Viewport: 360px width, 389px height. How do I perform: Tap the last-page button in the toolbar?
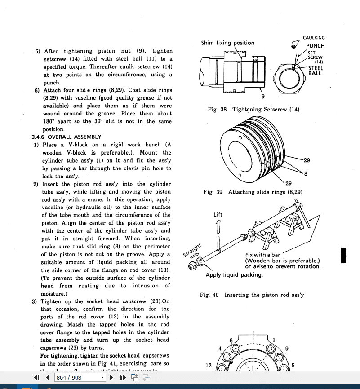pos(123,378)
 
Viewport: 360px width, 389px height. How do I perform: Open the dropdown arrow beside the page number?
pos(103,378)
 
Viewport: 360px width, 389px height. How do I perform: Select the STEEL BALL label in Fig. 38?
pos(316,71)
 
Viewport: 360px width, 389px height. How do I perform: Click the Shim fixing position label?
pos(227,43)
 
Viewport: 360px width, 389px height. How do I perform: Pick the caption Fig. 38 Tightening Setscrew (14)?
pos(253,110)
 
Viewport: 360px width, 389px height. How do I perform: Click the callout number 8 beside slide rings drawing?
pos(306,174)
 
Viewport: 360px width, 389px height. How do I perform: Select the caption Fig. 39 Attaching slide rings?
pos(253,192)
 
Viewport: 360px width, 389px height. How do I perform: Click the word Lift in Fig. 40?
pos(218,214)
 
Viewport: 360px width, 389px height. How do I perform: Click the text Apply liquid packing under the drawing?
pos(234,275)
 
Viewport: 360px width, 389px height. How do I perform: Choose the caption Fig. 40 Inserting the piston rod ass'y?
pos(252,295)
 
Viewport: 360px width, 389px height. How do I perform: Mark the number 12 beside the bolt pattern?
pos(209,365)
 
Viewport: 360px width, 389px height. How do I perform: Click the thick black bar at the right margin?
pos(343,255)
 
